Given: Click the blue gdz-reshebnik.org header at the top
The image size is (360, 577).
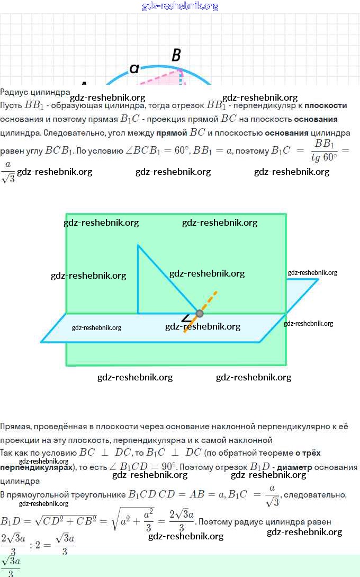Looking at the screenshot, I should click(x=180, y=6).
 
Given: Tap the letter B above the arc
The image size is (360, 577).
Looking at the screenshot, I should click(x=176, y=55).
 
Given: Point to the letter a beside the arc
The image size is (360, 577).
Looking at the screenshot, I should click(x=134, y=68).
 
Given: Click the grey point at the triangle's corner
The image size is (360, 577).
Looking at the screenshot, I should click(x=200, y=313).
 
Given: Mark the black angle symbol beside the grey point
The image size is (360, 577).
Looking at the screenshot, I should click(x=186, y=318).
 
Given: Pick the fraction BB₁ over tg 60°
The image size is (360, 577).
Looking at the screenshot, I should click(x=323, y=150).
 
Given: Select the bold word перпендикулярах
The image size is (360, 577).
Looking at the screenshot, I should click(x=36, y=468).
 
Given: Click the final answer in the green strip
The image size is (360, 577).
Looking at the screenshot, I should click(x=11, y=566).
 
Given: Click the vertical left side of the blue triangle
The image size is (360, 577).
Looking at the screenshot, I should click(x=138, y=279).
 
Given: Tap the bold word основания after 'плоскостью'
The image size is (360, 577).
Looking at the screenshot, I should click(x=288, y=132).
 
